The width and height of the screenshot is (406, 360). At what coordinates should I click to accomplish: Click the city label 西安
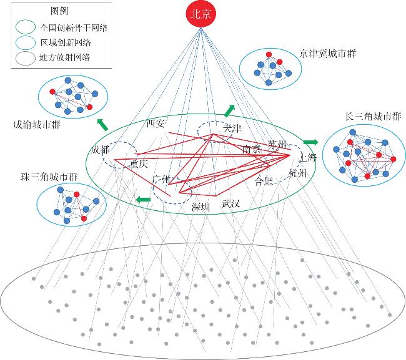coord(156,124)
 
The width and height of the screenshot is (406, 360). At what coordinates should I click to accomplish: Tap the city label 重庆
coord(138,164)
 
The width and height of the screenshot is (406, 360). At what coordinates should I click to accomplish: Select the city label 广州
coord(161,180)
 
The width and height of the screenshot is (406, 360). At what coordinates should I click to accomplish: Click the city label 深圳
coord(201,207)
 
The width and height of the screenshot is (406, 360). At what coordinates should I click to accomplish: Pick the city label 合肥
coord(264,182)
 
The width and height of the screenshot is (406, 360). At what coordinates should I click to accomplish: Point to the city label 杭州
coord(298,173)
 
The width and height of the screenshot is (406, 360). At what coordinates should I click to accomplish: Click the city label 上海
coord(309,157)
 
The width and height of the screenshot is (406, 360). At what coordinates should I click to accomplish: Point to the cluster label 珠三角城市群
coord(44,177)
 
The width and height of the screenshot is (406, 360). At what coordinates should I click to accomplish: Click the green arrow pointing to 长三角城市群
coord(310,142)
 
